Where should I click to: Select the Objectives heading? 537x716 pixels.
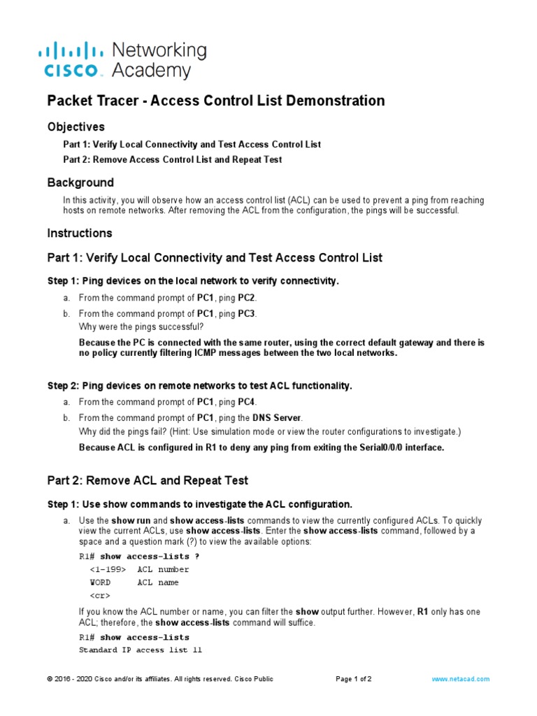76,127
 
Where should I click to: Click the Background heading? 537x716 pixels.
80,182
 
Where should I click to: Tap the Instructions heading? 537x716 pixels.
79,233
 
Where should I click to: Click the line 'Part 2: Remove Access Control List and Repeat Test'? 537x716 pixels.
172,159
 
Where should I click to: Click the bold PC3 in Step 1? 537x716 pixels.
247,313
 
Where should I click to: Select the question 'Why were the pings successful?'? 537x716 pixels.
141,327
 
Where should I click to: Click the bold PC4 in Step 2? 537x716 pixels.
247,402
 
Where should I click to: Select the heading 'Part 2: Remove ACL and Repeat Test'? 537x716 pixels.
148,480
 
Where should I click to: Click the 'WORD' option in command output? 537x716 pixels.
100,582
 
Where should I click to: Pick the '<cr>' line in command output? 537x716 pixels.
99,596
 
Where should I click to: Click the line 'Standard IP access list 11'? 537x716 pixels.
140,650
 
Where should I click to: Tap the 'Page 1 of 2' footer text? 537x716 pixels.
353,679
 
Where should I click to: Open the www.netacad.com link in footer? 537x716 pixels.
460,679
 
